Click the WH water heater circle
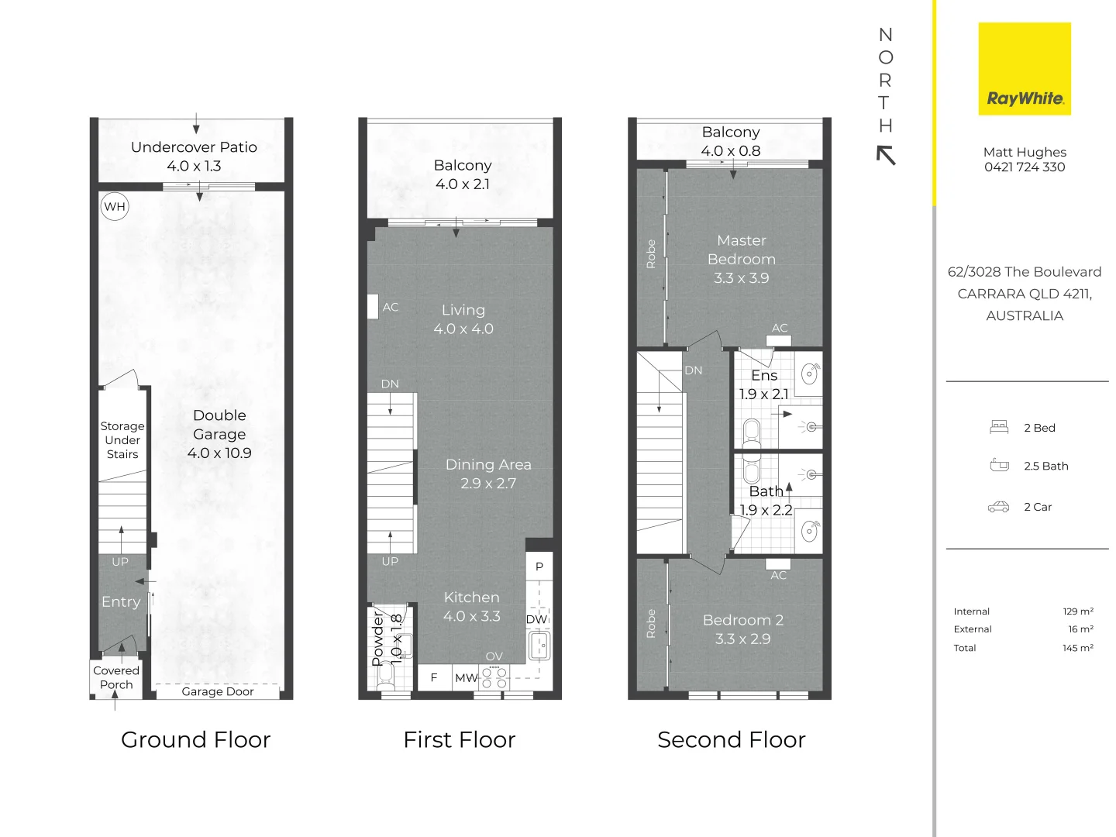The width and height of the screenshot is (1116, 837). coord(115,206)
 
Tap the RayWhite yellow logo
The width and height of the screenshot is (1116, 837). coord(1024,69)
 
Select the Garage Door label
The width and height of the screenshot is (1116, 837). coord(218,691)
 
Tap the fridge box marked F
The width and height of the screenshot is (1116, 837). coord(434,677)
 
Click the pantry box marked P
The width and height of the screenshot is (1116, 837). coord(539,566)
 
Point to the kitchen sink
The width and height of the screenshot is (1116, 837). coord(539,645)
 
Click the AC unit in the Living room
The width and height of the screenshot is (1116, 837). coord(373,307)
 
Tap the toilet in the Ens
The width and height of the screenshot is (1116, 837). coord(751,432)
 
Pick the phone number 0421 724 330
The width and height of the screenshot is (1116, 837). coord(1024,167)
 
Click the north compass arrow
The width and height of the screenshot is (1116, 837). coord(886,155)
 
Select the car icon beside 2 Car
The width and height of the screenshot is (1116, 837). coord(998,507)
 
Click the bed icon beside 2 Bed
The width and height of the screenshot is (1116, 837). coord(998,427)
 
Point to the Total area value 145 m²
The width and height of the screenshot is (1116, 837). coord(1077,647)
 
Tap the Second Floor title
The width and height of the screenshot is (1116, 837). coord(731,740)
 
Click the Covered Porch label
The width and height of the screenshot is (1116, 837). coord(116,677)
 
